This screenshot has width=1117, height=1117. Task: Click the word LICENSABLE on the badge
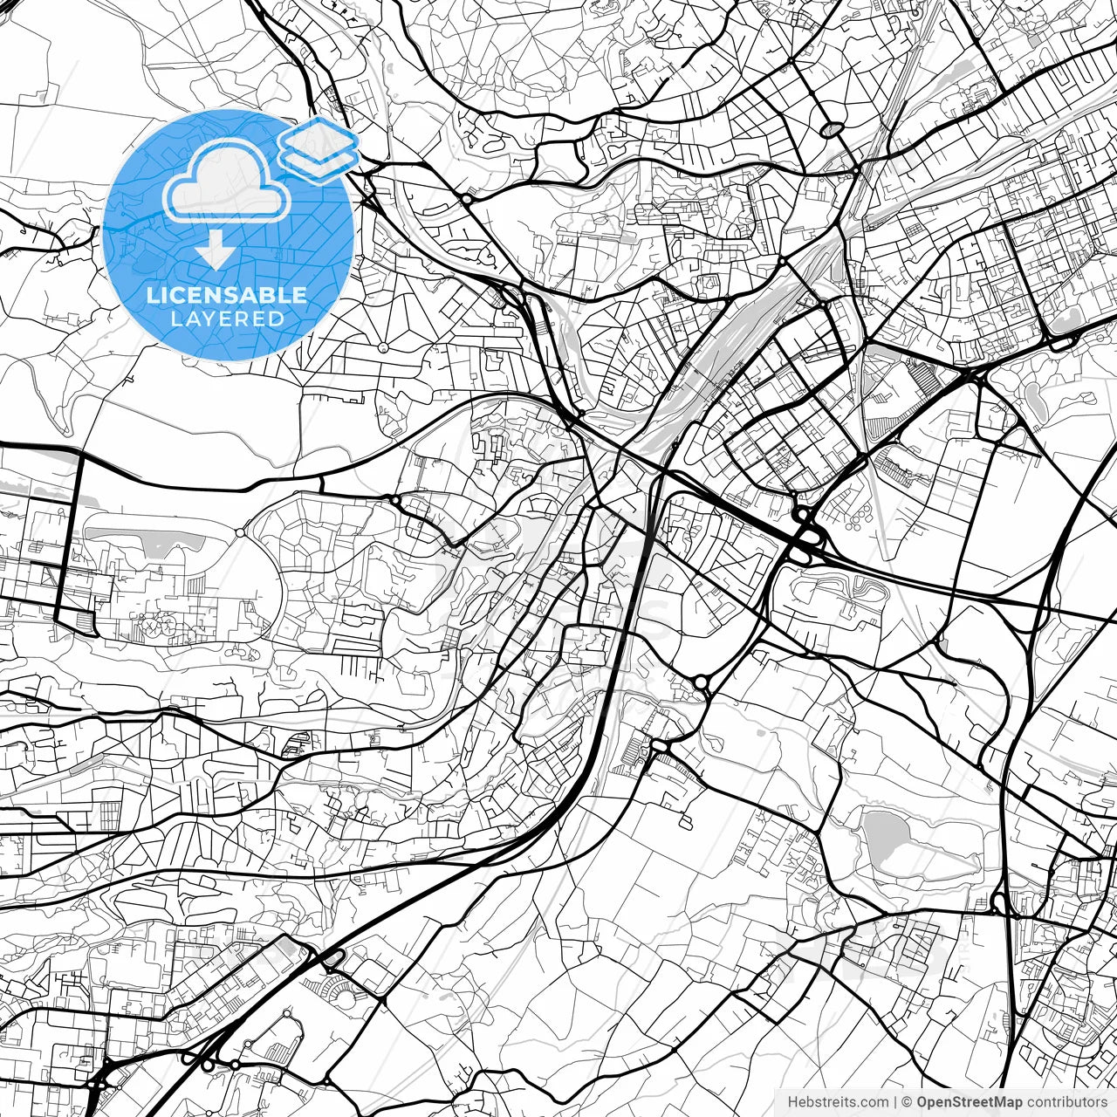click(x=227, y=295)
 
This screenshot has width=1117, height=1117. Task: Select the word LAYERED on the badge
click(x=227, y=319)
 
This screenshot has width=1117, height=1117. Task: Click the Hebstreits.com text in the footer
click(x=839, y=1102)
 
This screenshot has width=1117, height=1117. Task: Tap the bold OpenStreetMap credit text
click(x=970, y=1102)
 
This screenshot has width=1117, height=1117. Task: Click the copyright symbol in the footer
click(x=907, y=1102)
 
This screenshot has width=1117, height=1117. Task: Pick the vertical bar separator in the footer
click(x=896, y=1102)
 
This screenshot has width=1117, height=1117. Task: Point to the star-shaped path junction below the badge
click(x=383, y=347)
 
